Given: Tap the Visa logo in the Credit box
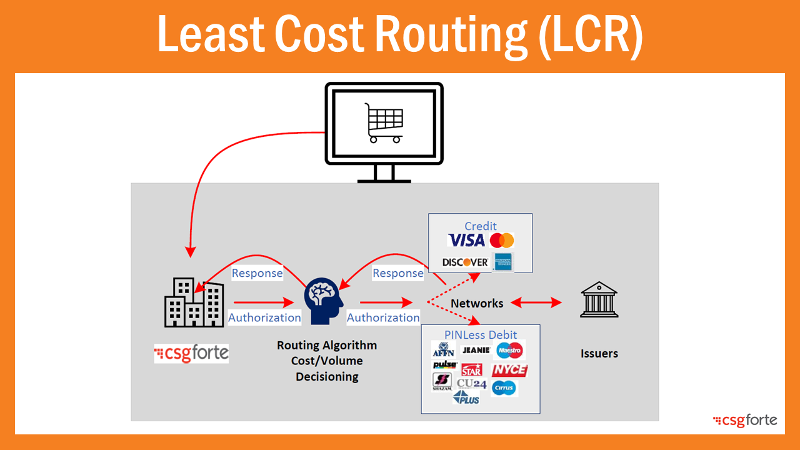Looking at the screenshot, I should [x=466, y=241].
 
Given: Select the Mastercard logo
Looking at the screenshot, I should [x=502, y=241].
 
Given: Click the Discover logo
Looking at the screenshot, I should [x=465, y=262].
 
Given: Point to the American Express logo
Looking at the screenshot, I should [x=502, y=262].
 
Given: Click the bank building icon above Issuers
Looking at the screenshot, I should [x=599, y=300].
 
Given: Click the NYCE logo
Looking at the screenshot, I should [x=509, y=370].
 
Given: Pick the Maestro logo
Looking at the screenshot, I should [x=509, y=351].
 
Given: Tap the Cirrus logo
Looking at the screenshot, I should [x=504, y=388].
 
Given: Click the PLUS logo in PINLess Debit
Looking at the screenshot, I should [x=467, y=397].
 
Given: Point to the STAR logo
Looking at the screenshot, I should [x=472, y=369].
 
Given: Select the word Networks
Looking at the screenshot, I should [x=477, y=304].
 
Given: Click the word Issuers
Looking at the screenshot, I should [x=599, y=354].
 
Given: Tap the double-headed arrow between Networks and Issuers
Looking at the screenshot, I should [x=536, y=303].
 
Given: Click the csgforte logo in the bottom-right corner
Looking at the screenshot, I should [x=745, y=421].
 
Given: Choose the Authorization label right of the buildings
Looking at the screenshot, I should [x=264, y=317].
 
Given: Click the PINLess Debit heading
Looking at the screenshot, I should [x=481, y=335].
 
